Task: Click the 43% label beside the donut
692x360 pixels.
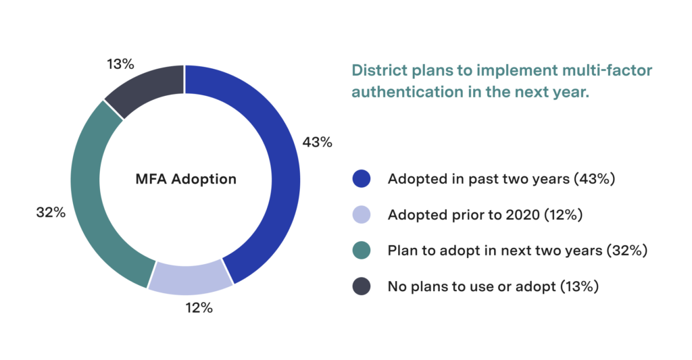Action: (318, 142)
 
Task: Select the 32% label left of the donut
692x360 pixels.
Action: (51, 212)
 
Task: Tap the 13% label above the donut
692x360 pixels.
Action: (120, 64)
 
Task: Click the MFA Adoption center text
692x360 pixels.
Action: (185, 180)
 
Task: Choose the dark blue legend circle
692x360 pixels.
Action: (362, 180)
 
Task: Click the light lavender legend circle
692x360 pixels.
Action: (362, 215)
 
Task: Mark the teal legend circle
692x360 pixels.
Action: (362, 251)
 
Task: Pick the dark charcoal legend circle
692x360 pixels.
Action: (362, 286)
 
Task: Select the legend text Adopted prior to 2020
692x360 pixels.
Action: (485, 215)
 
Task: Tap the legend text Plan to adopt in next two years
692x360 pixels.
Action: (518, 251)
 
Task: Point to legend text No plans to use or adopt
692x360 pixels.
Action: (493, 286)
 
